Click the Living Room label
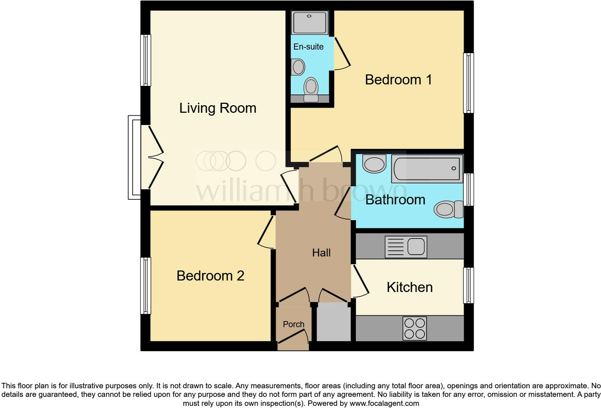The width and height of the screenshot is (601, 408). click(217, 108)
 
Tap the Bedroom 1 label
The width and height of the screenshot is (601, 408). click(398, 80)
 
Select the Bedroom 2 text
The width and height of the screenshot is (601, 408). click(210, 276)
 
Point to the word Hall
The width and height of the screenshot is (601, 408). click(321, 253)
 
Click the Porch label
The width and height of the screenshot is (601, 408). click(293, 324)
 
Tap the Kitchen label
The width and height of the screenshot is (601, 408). click(409, 287)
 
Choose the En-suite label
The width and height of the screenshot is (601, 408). click(308, 47)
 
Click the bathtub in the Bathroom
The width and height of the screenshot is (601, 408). click(427, 168)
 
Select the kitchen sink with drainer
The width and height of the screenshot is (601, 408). click(405, 247)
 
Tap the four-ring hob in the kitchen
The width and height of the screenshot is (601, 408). click(415, 328)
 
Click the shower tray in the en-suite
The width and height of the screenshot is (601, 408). click(309, 23)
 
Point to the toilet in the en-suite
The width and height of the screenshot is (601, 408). click(311, 90)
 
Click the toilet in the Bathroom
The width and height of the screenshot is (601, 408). click(448, 209)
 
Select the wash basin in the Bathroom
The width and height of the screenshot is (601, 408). click(374, 164)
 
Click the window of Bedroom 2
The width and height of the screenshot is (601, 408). click(145, 286)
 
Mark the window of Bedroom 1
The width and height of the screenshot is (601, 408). click(468, 83)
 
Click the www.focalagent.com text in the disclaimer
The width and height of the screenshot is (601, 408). click(384, 403)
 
